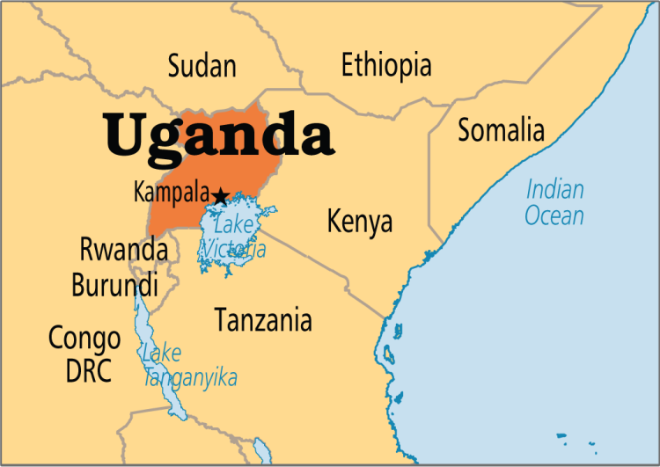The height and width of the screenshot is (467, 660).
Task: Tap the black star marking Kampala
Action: (x=220, y=195)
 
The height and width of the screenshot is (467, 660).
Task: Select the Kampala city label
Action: (x=172, y=193)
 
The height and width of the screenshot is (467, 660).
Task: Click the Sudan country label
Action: (x=202, y=66)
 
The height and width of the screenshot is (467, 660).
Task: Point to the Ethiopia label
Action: (x=386, y=65)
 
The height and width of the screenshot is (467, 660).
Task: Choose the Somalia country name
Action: (x=501, y=130)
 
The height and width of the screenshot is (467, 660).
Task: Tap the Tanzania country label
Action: (x=263, y=320)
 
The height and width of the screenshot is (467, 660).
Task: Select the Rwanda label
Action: (x=124, y=251)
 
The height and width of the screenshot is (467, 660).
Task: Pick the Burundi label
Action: (x=115, y=285)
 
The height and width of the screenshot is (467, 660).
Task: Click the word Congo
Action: (x=84, y=337)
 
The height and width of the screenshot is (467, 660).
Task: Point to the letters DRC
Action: (x=89, y=370)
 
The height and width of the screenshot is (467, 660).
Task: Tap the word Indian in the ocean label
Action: (x=555, y=189)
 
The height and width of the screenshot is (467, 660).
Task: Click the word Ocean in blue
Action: (x=554, y=215)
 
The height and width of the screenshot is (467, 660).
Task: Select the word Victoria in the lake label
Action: (x=232, y=249)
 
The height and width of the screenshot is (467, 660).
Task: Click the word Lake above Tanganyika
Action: (x=162, y=354)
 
